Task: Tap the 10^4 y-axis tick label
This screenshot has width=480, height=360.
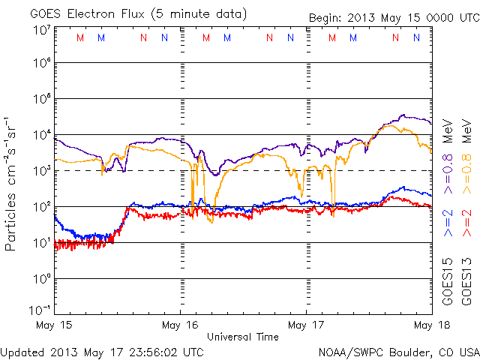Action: (40, 134)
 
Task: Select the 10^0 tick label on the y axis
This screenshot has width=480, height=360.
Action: (40, 278)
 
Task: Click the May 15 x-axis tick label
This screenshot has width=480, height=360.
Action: (54, 325)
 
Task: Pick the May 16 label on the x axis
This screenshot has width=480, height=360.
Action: (180, 325)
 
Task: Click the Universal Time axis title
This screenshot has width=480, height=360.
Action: (242, 337)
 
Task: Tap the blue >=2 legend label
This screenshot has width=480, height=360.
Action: (448, 224)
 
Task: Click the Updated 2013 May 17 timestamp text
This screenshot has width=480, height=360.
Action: (102, 351)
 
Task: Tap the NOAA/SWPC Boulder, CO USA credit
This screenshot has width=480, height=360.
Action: (397, 351)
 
